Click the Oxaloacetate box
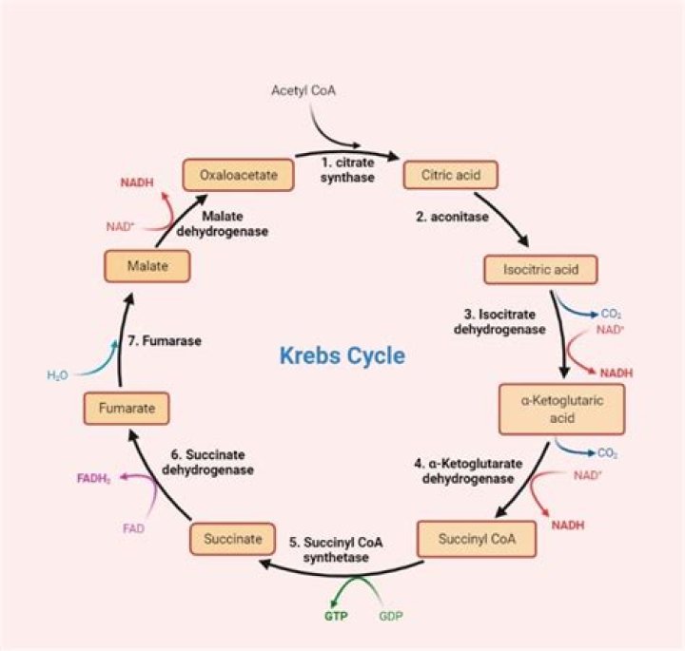[x=237, y=175]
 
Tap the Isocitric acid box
[x=540, y=269]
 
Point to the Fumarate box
[x=126, y=409]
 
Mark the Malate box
[x=147, y=267]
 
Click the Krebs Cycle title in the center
[x=342, y=355]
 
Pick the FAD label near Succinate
[x=134, y=528]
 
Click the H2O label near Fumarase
[x=59, y=375]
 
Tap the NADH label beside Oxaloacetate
[x=137, y=181]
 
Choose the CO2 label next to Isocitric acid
[x=611, y=313]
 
